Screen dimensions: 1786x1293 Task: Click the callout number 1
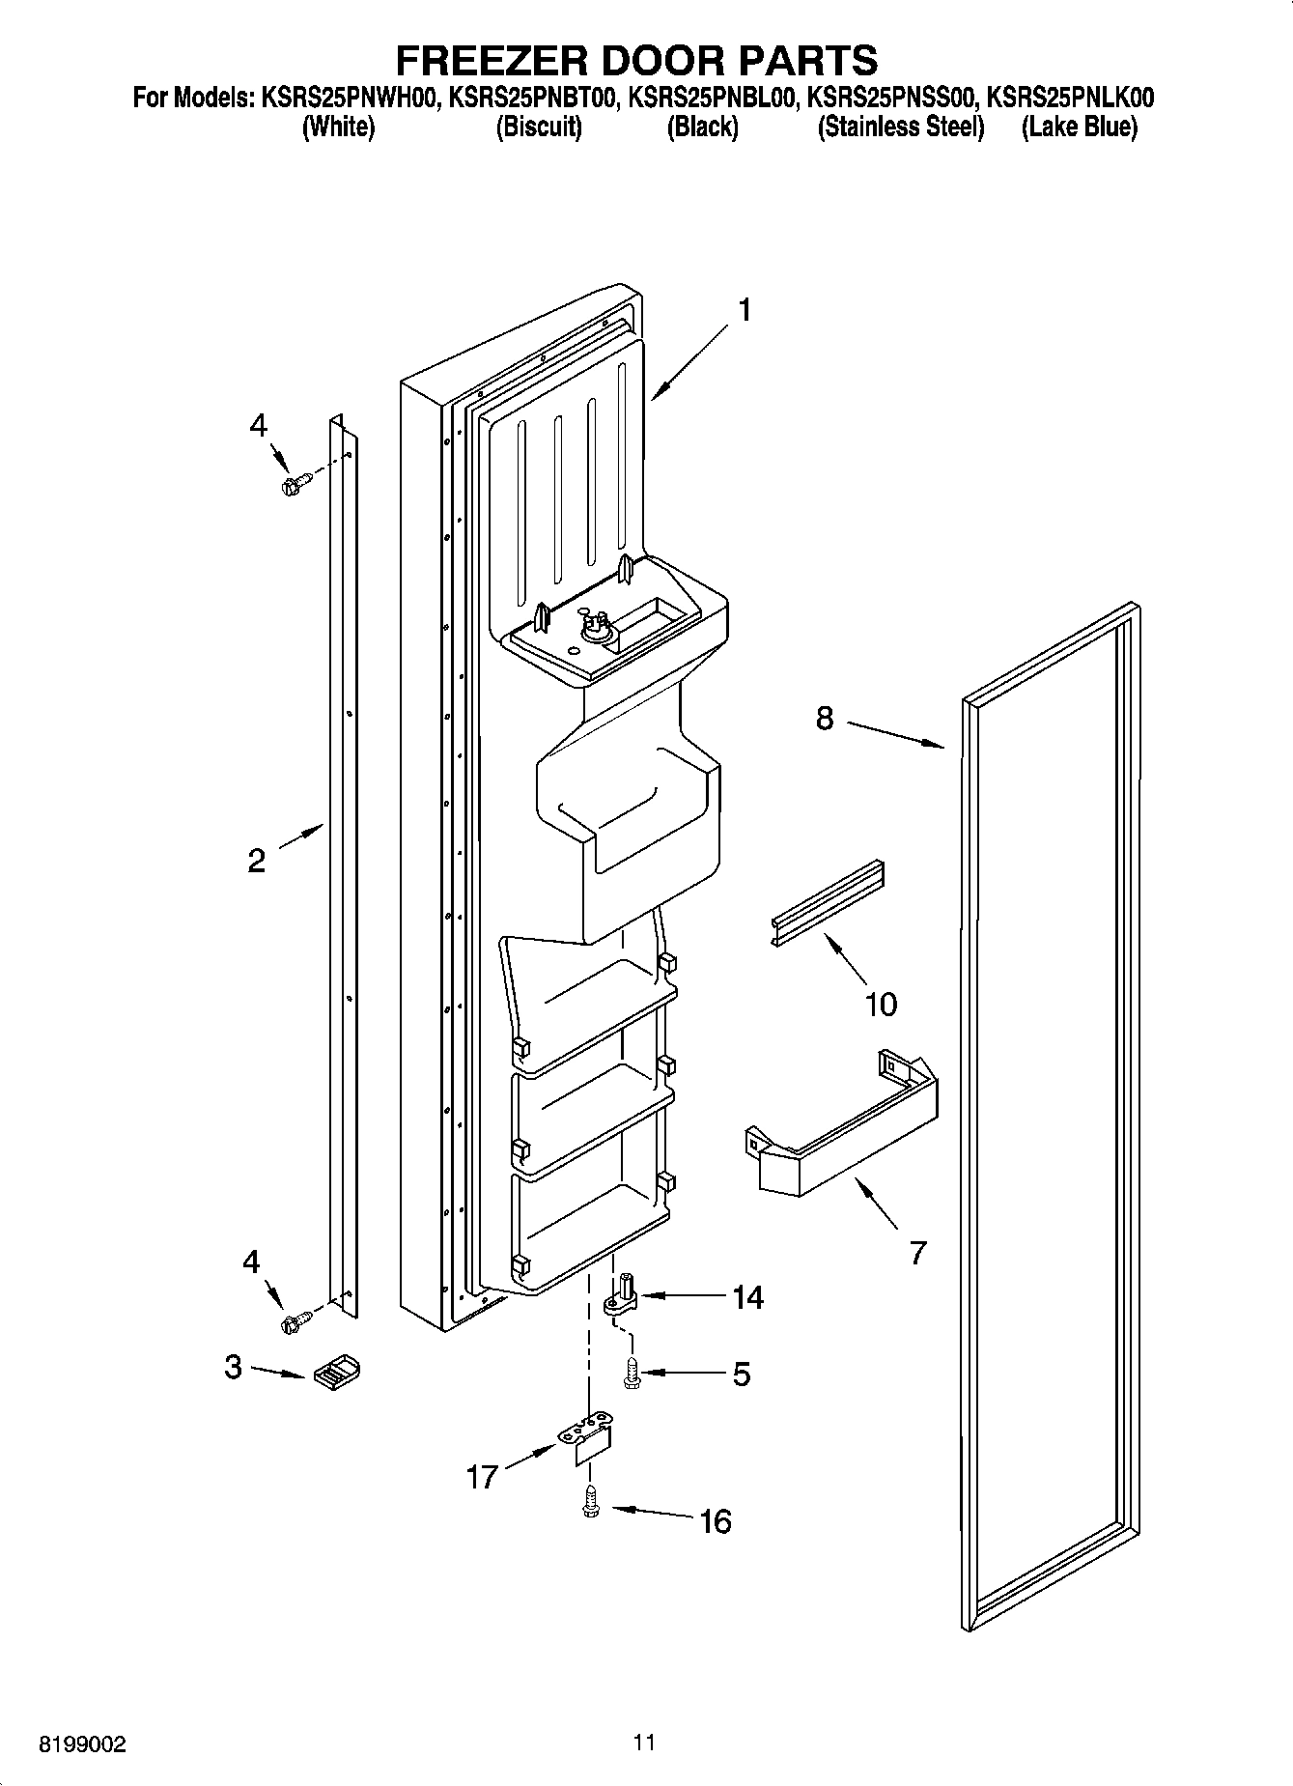(744, 310)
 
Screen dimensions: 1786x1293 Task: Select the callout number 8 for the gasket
(824, 719)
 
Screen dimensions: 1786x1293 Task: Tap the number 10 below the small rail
(881, 1005)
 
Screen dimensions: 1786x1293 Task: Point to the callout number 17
(482, 1477)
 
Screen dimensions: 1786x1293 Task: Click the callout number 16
(715, 1522)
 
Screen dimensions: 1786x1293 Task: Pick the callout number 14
(746, 1297)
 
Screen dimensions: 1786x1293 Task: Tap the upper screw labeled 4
(293, 483)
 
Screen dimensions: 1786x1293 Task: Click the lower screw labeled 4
(293, 1320)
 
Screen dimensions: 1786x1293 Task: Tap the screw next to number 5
(632, 1374)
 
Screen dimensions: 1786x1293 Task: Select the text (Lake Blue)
(1079, 127)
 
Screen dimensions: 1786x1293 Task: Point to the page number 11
(644, 1742)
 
